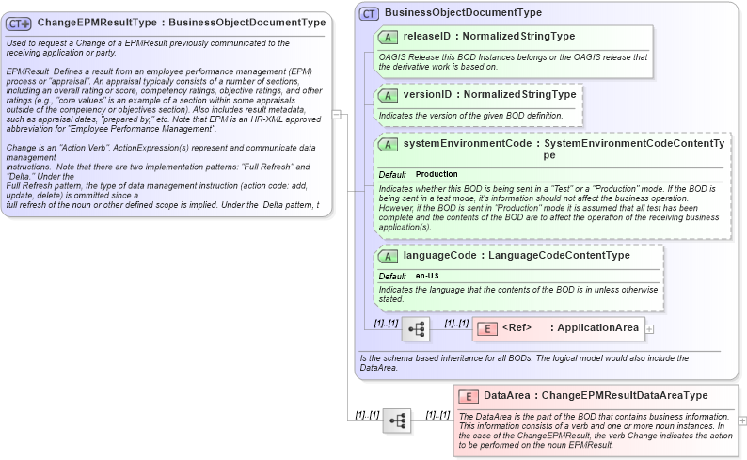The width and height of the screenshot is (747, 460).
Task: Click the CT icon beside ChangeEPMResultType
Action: [19, 23]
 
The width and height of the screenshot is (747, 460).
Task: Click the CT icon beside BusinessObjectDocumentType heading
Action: [369, 13]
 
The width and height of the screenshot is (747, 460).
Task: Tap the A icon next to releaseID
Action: [387, 37]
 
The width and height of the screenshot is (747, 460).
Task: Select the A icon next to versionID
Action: [387, 95]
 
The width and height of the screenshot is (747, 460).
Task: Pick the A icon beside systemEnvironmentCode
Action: [387, 145]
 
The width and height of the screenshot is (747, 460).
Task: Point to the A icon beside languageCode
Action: [387, 256]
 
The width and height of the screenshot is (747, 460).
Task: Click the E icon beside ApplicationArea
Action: [486, 328]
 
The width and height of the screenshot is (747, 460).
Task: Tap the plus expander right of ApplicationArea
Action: [649, 328]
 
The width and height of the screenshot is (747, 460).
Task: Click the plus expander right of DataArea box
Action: [743, 420]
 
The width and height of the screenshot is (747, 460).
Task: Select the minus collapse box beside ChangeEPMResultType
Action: [337, 114]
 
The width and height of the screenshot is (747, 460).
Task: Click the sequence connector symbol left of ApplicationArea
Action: [417, 329]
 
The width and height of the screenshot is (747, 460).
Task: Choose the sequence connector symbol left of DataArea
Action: [396, 420]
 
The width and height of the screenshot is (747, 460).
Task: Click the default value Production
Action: [437, 174]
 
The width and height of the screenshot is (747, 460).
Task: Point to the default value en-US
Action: [428, 276]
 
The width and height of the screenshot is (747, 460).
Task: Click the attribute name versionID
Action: [429, 95]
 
